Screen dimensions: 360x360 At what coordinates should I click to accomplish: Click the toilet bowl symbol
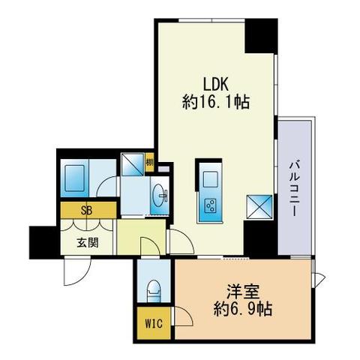(154, 289)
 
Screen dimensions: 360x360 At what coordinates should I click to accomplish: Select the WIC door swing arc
(183, 317)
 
